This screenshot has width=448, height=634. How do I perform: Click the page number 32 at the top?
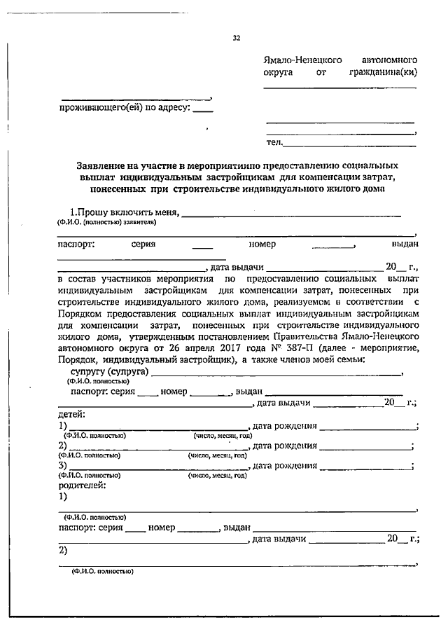click(237, 39)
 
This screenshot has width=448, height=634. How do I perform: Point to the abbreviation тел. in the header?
click(274, 143)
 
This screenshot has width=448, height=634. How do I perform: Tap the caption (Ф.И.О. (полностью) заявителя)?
click(106, 222)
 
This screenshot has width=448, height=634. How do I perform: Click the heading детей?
click(71, 415)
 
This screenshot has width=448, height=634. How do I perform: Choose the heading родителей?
click(82, 485)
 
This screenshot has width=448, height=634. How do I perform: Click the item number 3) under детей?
click(63, 466)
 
